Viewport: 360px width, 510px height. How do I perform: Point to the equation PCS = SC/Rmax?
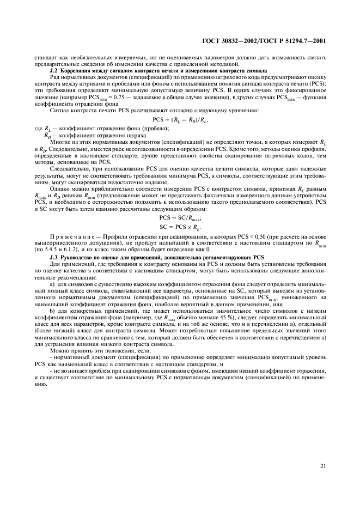(x=180, y=216)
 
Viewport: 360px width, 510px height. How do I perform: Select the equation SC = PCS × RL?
(x=180, y=225)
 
